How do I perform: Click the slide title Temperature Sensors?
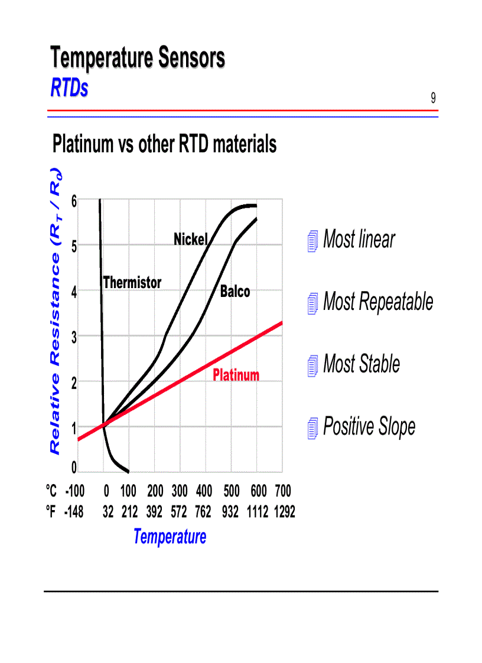click(137, 58)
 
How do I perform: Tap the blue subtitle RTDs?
click(69, 88)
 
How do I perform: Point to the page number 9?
click(433, 98)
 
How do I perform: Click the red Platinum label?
click(236, 375)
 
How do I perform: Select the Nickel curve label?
click(190, 239)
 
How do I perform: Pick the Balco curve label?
click(235, 291)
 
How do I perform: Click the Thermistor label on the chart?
click(132, 283)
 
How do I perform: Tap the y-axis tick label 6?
click(74, 201)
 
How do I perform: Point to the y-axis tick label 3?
click(74, 337)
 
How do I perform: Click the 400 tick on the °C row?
click(204, 491)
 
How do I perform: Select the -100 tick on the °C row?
click(74, 491)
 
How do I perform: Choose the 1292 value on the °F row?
click(284, 512)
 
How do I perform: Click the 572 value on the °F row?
click(178, 512)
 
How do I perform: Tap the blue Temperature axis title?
click(170, 537)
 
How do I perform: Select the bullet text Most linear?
click(359, 240)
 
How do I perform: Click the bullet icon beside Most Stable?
click(313, 367)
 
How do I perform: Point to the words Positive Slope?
click(369, 426)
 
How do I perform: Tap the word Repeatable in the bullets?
click(396, 302)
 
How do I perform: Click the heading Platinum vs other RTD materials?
click(164, 143)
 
